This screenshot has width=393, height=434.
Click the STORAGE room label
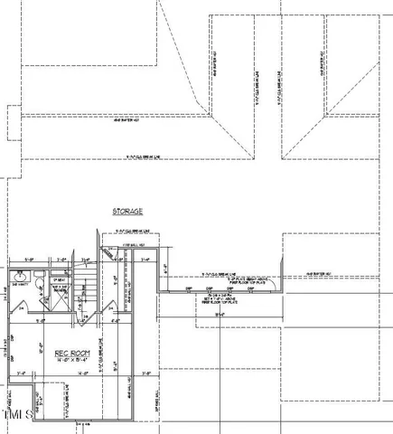[127, 211]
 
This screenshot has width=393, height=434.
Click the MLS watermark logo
[16, 415]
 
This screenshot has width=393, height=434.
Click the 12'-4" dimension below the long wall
[220, 314]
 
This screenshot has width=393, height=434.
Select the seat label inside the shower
[58, 280]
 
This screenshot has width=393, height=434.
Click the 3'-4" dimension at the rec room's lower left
[19, 373]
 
